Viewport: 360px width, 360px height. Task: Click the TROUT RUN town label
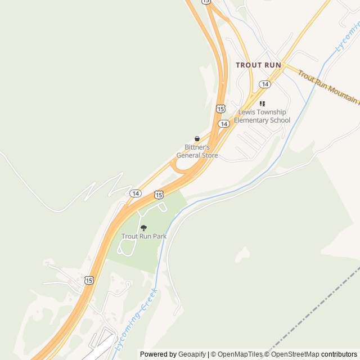[x=258, y=65]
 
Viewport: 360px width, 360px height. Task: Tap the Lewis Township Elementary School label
[x=262, y=116]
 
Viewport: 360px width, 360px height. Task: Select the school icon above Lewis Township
[x=262, y=103]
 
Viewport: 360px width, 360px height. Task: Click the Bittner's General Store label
[x=197, y=151]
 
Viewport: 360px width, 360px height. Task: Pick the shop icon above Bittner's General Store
[x=197, y=138]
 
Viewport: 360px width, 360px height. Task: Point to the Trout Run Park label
[x=144, y=236]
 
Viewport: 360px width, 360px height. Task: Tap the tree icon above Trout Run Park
[x=144, y=228]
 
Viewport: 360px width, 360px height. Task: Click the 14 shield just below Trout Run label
[x=265, y=84]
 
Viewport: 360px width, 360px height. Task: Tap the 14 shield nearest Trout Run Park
[x=136, y=193]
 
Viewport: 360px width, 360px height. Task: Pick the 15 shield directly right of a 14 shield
[x=159, y=195]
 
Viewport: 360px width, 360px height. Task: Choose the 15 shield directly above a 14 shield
[x=220, y=108]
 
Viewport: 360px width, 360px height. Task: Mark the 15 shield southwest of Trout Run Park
[x=89, y=280]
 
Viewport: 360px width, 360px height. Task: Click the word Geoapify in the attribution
[x=192, y=354]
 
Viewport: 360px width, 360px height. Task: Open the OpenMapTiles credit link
[x=239, y=354]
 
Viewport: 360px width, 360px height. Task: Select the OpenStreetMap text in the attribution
[x=295, y=354]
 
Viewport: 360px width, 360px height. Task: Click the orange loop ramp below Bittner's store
[x=179, y=167]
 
